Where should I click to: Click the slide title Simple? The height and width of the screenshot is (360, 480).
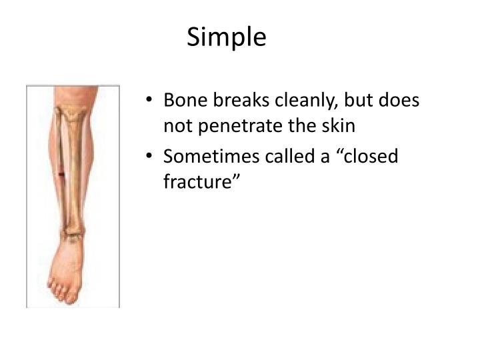226,37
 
